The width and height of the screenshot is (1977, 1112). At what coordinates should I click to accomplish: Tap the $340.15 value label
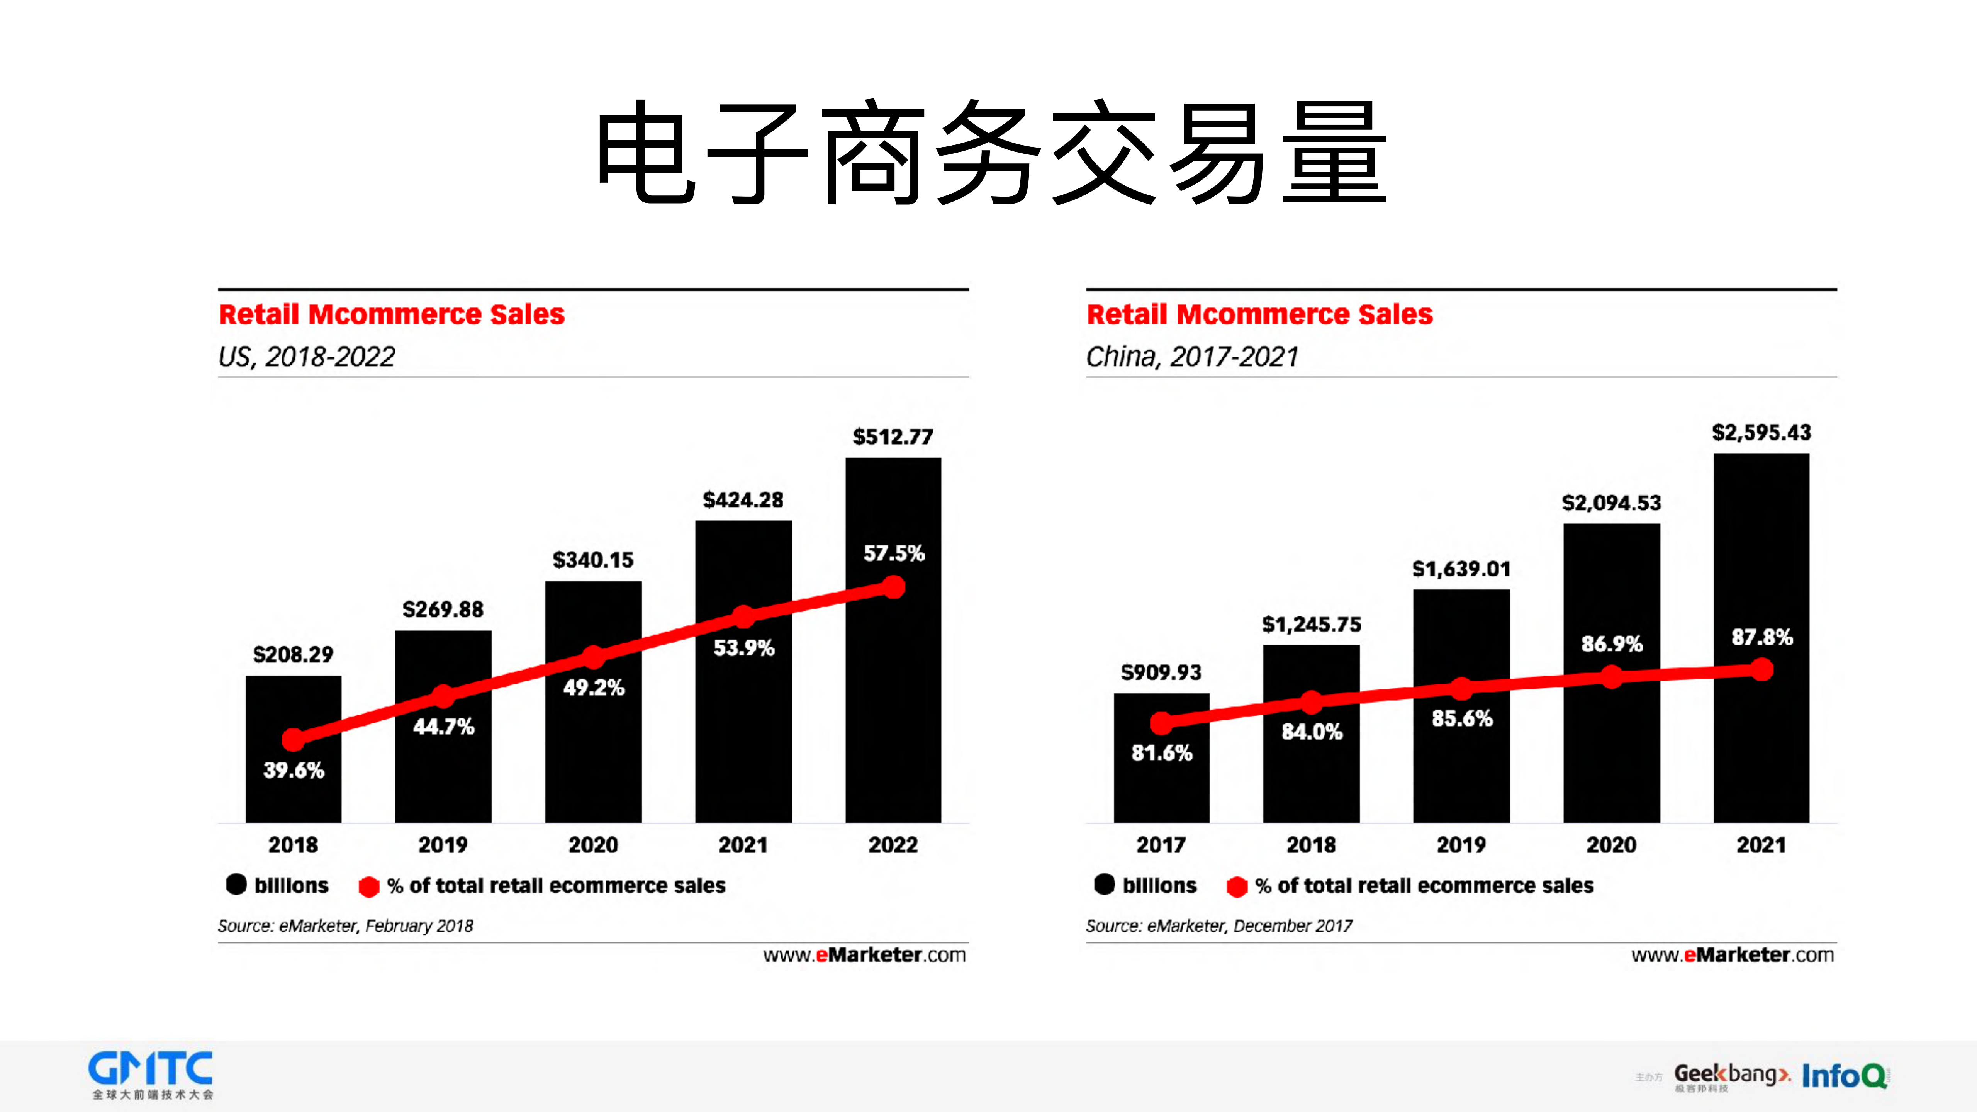(x=593, y=560)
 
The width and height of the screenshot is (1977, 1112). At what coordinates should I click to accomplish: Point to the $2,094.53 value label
(x=1611, y=503)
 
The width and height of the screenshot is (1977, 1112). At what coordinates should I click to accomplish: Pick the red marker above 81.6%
(x=1161, y=722)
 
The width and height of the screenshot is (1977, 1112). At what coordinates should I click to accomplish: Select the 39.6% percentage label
(x=294, y=771)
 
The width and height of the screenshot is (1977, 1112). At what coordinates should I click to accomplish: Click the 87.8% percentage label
(x=1762, y=637)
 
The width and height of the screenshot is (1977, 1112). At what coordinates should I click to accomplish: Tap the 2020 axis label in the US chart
(x=593, y=845)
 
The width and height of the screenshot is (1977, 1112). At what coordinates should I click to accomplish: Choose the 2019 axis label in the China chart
(x=1461, y=845)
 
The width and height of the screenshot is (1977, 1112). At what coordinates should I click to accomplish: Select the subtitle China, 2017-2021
(x=1192, y=357)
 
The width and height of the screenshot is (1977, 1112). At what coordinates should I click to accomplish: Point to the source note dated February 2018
(x=345, y=926)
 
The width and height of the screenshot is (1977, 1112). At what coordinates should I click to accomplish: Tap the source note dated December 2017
(x=1219, y=926)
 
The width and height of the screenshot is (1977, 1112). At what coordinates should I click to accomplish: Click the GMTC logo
(x=151, y=1075)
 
